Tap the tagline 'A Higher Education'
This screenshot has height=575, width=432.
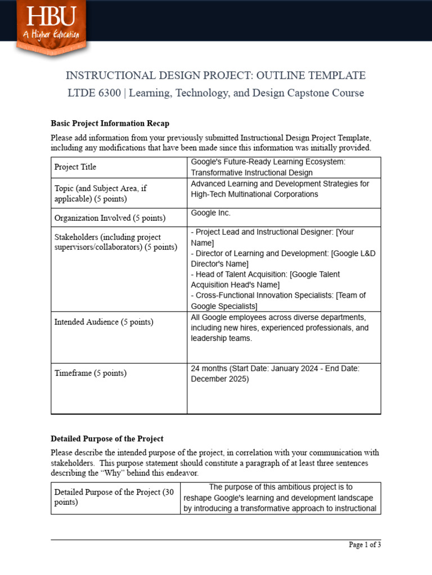pos(51,35)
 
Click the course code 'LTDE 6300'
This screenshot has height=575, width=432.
pos(94,93)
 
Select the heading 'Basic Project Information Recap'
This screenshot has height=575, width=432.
pos(110,124)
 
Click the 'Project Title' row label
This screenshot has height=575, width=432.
pos(75,167)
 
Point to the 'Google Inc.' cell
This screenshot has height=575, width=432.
pos(210,213)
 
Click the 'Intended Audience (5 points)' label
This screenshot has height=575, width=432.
pos(103,322)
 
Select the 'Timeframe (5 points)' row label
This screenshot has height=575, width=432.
pos(90,373)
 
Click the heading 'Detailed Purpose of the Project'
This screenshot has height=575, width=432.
pos(107,439)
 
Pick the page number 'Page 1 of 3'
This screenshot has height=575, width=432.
pos(364,545)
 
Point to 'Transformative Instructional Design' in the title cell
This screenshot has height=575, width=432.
pos(251,172)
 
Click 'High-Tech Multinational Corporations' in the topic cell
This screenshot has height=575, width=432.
pos(254,194)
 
